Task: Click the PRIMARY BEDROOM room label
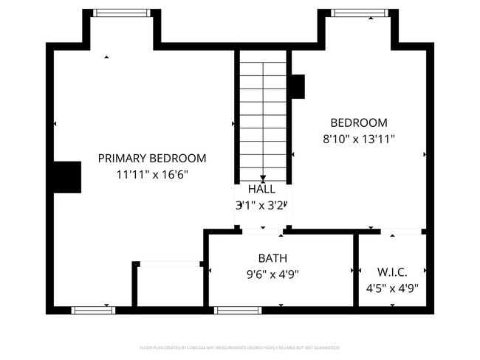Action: pos(152,158)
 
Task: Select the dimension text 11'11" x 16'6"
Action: pos(152,175)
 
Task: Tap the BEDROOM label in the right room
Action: pos(358,122)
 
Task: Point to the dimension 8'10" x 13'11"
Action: pos(358,139)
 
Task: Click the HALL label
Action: pos(261,189)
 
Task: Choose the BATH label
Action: pos(272,258)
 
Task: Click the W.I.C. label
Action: pos(392,272)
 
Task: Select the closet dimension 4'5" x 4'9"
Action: pos(392,288)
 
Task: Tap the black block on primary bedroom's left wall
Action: pos(66,177)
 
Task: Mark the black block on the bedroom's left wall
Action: pos(297,86)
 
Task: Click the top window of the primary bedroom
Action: pos(123,13)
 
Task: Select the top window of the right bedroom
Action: pos(359,13)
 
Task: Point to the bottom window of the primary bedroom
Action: pos(93,310)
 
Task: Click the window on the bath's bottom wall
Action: pos(238,310)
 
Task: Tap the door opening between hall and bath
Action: pos(262,232)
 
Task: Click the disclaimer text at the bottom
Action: pos(240,347)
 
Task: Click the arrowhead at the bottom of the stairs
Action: pos(263,178)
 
